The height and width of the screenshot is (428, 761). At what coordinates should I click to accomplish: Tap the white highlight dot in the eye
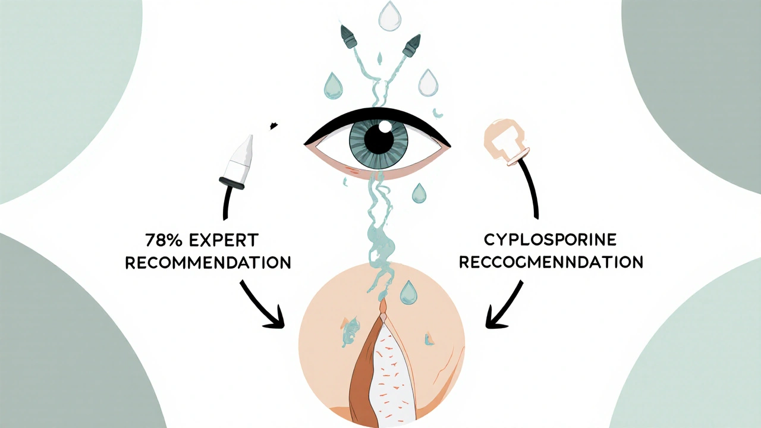385,126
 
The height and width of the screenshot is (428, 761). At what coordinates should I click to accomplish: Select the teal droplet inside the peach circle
408,292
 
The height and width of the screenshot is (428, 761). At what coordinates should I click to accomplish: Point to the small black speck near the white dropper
273,125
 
